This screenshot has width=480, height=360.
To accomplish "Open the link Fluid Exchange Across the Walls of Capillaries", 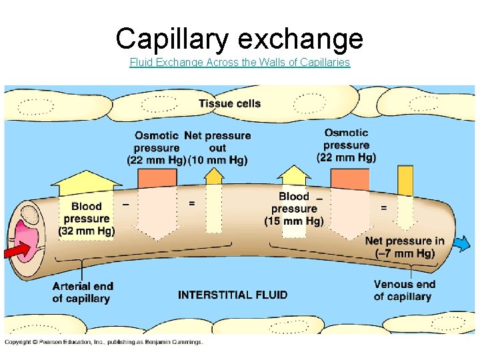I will (x=239, y=63).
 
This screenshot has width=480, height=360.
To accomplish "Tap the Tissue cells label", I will (x=229, y=103).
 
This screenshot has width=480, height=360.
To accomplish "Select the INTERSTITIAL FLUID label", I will (x=233, y=295).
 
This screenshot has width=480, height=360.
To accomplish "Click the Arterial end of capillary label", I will (x=83, y=292).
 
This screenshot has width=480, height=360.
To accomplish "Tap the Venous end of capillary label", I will (x=404, y=291).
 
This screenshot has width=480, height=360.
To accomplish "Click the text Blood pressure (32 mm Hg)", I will (x=87, y=219).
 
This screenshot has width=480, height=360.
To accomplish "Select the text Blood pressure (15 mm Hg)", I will (x=294, y=209).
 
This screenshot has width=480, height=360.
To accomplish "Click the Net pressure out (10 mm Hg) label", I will (x=217, y=147).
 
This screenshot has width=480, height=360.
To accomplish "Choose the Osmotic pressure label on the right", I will (x=347, y=145).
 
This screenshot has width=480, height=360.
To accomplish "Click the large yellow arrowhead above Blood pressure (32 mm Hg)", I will (x=86, y=181).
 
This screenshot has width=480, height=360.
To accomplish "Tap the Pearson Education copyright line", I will (x=104, y=342).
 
